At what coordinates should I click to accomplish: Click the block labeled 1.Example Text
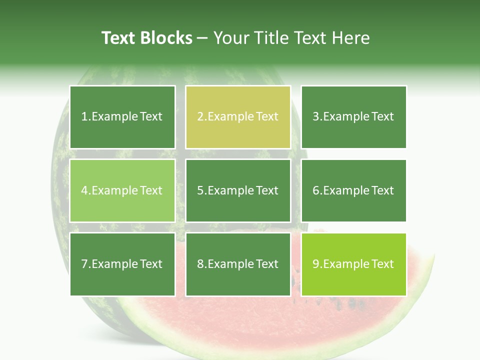coord(122,117)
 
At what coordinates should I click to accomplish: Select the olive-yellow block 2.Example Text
coord(238,117)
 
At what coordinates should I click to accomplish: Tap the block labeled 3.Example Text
coord(353,117)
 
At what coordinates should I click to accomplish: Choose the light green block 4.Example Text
coord(122,190)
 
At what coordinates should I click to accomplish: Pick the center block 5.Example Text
coord(238,190)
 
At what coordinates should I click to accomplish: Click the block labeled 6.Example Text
coord(353,190)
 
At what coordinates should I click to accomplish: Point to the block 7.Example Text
coord(122,264)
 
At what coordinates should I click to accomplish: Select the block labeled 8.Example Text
coord(238,264)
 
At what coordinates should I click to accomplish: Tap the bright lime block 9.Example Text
coord(353,264)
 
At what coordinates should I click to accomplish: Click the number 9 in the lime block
coord(316,264)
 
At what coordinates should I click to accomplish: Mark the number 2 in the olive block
coord(200,117)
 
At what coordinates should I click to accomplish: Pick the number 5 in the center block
coord(200,190)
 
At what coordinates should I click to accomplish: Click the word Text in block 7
coord(151,264)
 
